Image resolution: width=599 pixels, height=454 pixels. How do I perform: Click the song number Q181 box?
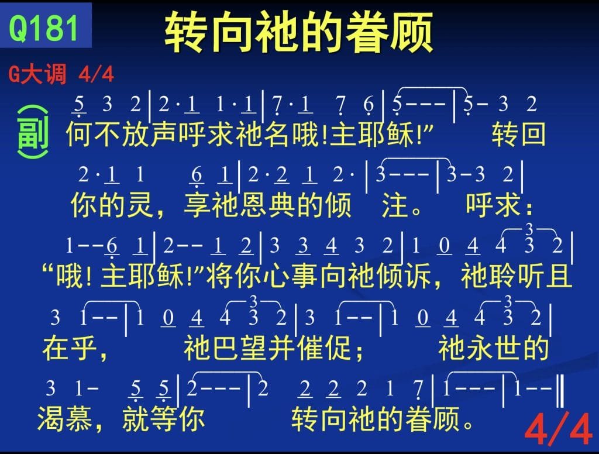[x=46, y=25]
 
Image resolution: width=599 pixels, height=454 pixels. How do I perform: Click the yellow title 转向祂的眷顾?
[x=299, y=32]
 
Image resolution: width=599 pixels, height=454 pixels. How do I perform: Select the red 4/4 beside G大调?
[x=97, y=74]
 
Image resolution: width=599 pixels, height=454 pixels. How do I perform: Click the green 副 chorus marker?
[x=33, y=132]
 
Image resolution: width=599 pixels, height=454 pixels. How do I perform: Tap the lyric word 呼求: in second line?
[x=499, y=205]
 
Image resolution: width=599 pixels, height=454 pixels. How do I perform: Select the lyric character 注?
[x=395, y=205]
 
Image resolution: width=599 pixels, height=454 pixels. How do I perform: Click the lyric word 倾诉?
[x=404, y=276]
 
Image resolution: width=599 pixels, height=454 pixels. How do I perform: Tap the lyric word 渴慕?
[x=64, y=418]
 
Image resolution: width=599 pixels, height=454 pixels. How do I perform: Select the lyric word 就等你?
[x=163, y=418]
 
